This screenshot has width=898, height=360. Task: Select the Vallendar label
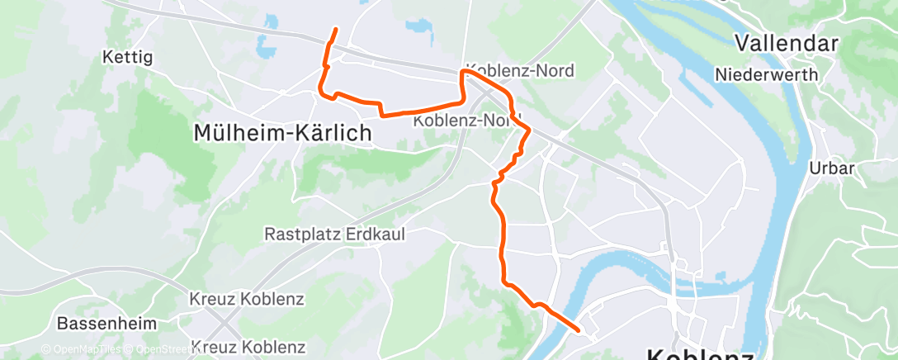click(786, 43)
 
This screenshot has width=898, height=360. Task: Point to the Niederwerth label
click(767, 74)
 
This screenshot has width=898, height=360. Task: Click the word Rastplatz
click(300, 234)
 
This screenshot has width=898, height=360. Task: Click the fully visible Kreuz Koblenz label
click(247, 298)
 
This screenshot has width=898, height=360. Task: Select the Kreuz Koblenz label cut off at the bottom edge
click(247, 348)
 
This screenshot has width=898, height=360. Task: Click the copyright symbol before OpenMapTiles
click(46, 350)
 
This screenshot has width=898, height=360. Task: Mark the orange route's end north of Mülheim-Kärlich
click(335, 30)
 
